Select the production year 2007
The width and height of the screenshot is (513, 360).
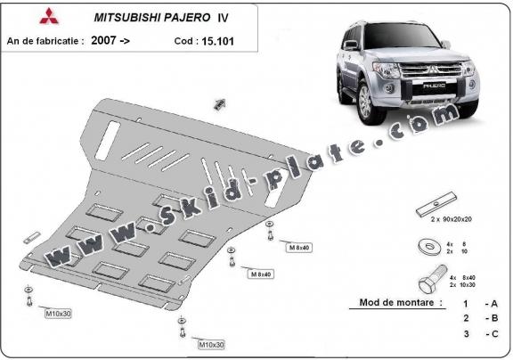point(102,40)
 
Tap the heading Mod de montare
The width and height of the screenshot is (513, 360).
point(400,302)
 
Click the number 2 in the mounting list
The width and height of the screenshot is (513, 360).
point(465,317)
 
